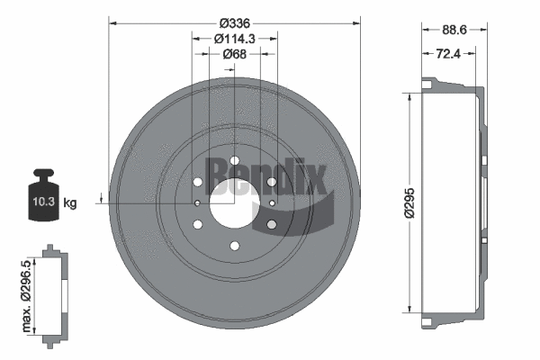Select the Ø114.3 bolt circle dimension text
coord(234,38)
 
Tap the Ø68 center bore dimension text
coord(234,54)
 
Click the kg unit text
coord(71,203)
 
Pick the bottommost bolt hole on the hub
coord(234,246)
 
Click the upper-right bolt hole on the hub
coord(271,182)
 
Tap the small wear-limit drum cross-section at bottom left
coord(57,293)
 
